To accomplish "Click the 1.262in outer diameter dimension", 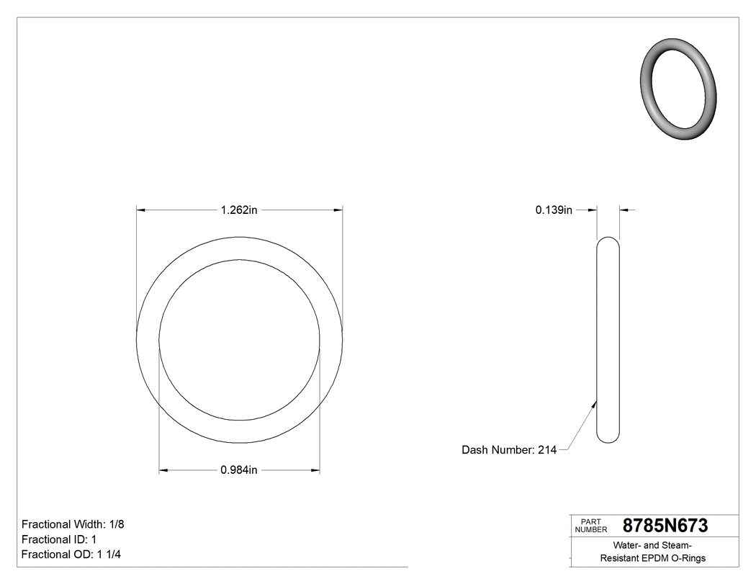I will [239, 210].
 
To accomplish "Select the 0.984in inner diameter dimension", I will [239, 470].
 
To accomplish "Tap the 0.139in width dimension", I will [553, 210].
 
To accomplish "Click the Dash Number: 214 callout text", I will [508, 450].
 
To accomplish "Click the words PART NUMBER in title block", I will [590, 526].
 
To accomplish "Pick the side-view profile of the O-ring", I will [608, 339].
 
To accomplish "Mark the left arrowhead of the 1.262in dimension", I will [141, 210].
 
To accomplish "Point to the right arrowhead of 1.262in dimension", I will [338, 210].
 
